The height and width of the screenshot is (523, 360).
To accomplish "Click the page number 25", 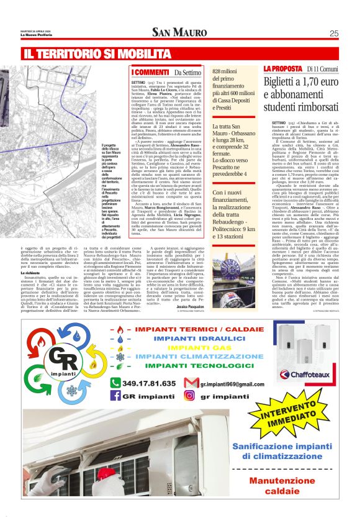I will tap(333, 34).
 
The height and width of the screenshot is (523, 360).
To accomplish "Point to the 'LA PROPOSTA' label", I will tap(283, 68).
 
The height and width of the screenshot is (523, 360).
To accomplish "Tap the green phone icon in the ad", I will tap(114, 383).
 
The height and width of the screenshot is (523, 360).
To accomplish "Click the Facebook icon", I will tap(115, 396).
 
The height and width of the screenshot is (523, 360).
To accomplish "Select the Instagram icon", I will tap(195, 396).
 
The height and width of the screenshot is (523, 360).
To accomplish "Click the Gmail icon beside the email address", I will tap(194, 383).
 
